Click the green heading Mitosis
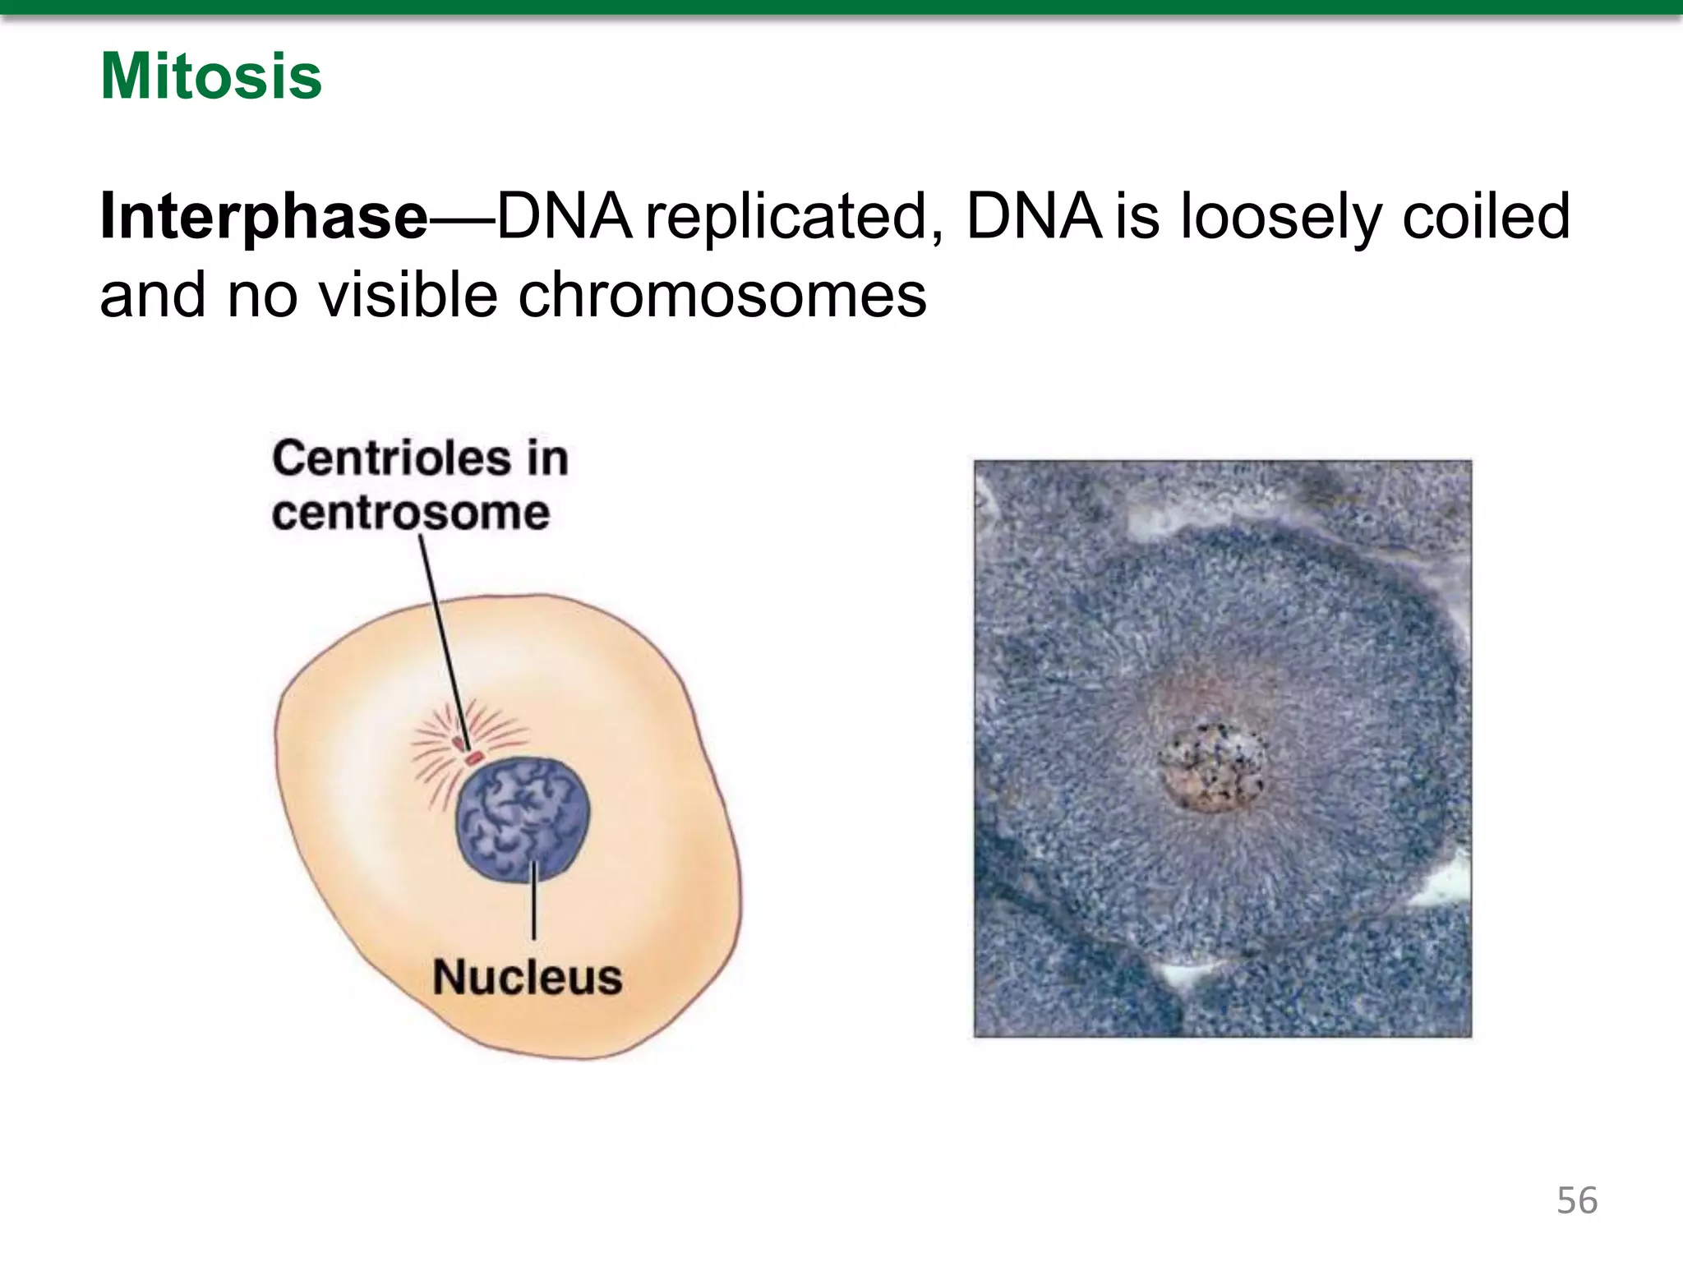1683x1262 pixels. point(211,76)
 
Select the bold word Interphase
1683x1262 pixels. point(263,217)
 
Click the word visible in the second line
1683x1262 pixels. point(408,295)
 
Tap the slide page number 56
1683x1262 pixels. point(1576,1200)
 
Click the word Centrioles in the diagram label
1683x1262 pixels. point(390,458)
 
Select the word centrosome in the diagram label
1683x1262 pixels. point(410,513)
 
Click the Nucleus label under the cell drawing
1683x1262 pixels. point(527,977)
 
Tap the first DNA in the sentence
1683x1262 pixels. point(565,217)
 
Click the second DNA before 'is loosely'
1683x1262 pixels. point(1033,217)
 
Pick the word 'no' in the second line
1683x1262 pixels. point(262,295)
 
